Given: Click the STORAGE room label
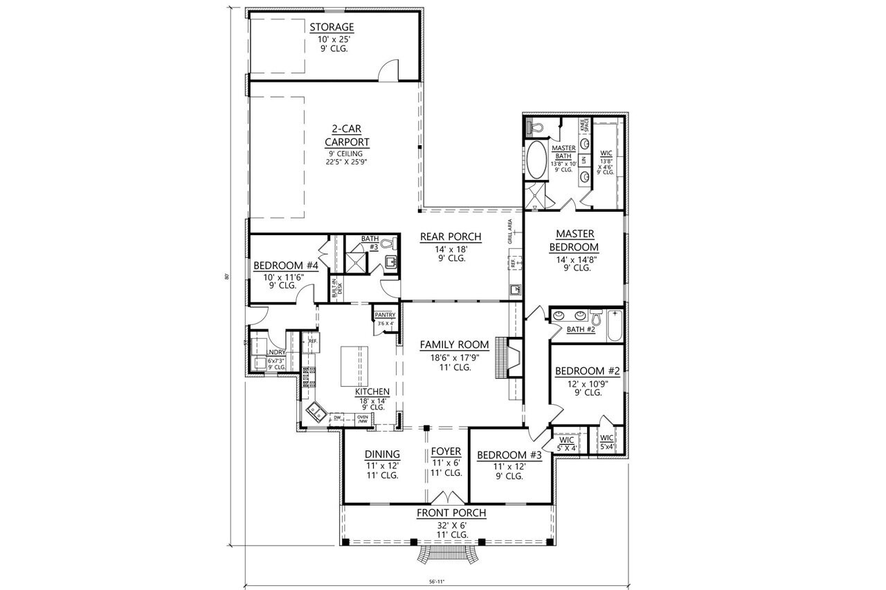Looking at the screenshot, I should coord(332,28).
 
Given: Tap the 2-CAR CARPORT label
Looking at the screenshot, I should coord(347,136).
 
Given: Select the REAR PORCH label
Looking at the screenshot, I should coord(451,237).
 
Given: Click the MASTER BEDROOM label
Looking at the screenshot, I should coord(574,241).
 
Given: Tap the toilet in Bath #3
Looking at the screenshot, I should coord(389,243).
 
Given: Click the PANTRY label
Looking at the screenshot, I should coord(384,315).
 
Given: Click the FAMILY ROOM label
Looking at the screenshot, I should coord(454,344).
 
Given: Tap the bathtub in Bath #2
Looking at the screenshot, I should coord(615,327).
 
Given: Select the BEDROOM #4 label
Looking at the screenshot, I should coord(285,266).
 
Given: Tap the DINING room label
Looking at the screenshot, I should coord(381,454).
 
